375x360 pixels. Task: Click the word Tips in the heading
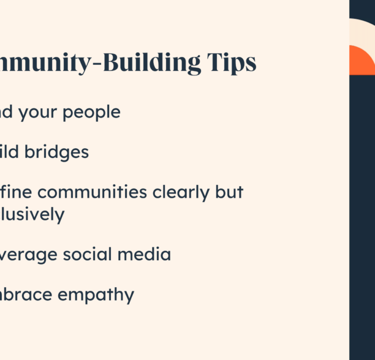(232, 64)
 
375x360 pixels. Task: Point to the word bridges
(59, 152)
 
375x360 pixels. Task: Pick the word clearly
(184, 193)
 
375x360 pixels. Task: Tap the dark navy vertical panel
(362, 214)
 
